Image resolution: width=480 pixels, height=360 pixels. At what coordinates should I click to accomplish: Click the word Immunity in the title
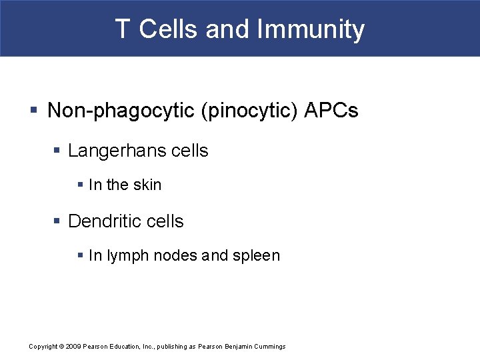(x=311, y=29)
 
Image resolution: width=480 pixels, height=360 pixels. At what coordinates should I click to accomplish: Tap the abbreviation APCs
(x=331, y=111)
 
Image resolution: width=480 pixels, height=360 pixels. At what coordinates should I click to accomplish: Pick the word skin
(x=147, y=185)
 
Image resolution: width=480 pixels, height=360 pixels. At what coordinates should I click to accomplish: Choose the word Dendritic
(x=106, y=221)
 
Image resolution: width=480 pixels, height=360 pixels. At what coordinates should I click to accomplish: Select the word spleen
(x=256, y=256)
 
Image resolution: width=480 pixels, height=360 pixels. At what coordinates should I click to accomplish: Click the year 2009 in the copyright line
(x=73, y=347)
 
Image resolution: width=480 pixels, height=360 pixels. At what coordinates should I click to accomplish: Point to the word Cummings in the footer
(x=268, y=347)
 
